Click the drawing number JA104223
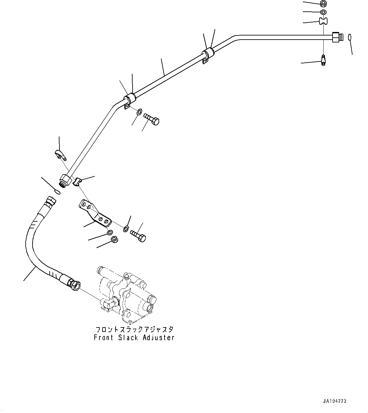tap(334, 401)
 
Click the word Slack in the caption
tap(128, 338)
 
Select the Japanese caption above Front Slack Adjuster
tap(134, 329)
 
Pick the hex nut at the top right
tap(323, 4)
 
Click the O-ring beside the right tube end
tap(350, 37)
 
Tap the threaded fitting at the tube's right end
tap(337, 37)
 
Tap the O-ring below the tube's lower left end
tap(57, 191)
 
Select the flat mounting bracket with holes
tap(95, 214)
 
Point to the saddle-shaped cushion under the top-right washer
tap(323, 21)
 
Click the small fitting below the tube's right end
tap(323, 60)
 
